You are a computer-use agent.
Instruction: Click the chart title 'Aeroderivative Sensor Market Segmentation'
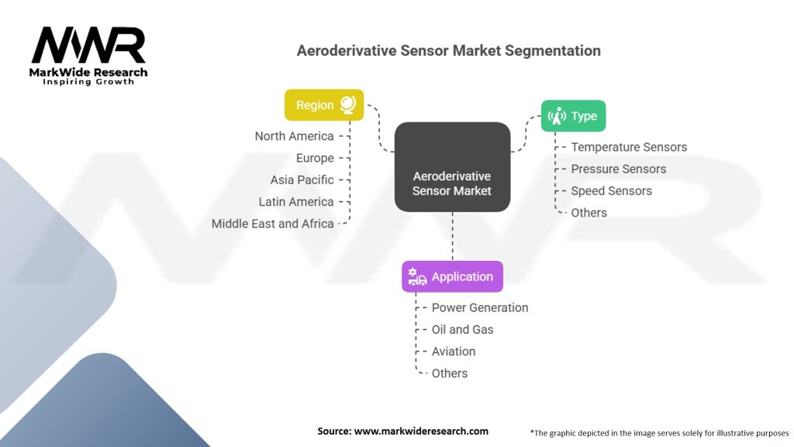[x=448, y=50]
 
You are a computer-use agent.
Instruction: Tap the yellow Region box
[x=323, y=105]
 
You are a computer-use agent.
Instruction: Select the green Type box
[x=573, y=116]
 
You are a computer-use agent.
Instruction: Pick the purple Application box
[x=452, y=276]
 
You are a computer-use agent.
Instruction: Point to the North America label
[x=294, y=136]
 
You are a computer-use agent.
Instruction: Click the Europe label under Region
[x=315, y=158]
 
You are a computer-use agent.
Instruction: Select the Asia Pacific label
[x=302, y=179]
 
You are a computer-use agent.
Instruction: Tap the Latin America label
[x=296, y=201]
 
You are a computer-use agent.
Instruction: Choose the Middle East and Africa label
[x=272, y=223]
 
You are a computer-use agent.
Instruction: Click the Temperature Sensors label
[x=629, y=147]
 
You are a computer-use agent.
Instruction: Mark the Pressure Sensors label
[x=618, y=168]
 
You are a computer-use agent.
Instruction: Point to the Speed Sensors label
[x=611, y=190]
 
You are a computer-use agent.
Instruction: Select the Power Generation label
[x=480, y=307]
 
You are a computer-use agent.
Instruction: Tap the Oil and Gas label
[x=462, y=329]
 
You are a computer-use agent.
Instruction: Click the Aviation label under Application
[x=454, y=351]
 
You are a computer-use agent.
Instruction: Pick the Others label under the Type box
[x=589, y=212]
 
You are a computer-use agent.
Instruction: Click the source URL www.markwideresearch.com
[x=421, y=431]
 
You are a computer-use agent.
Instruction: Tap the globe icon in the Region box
[x=347, y=104]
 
